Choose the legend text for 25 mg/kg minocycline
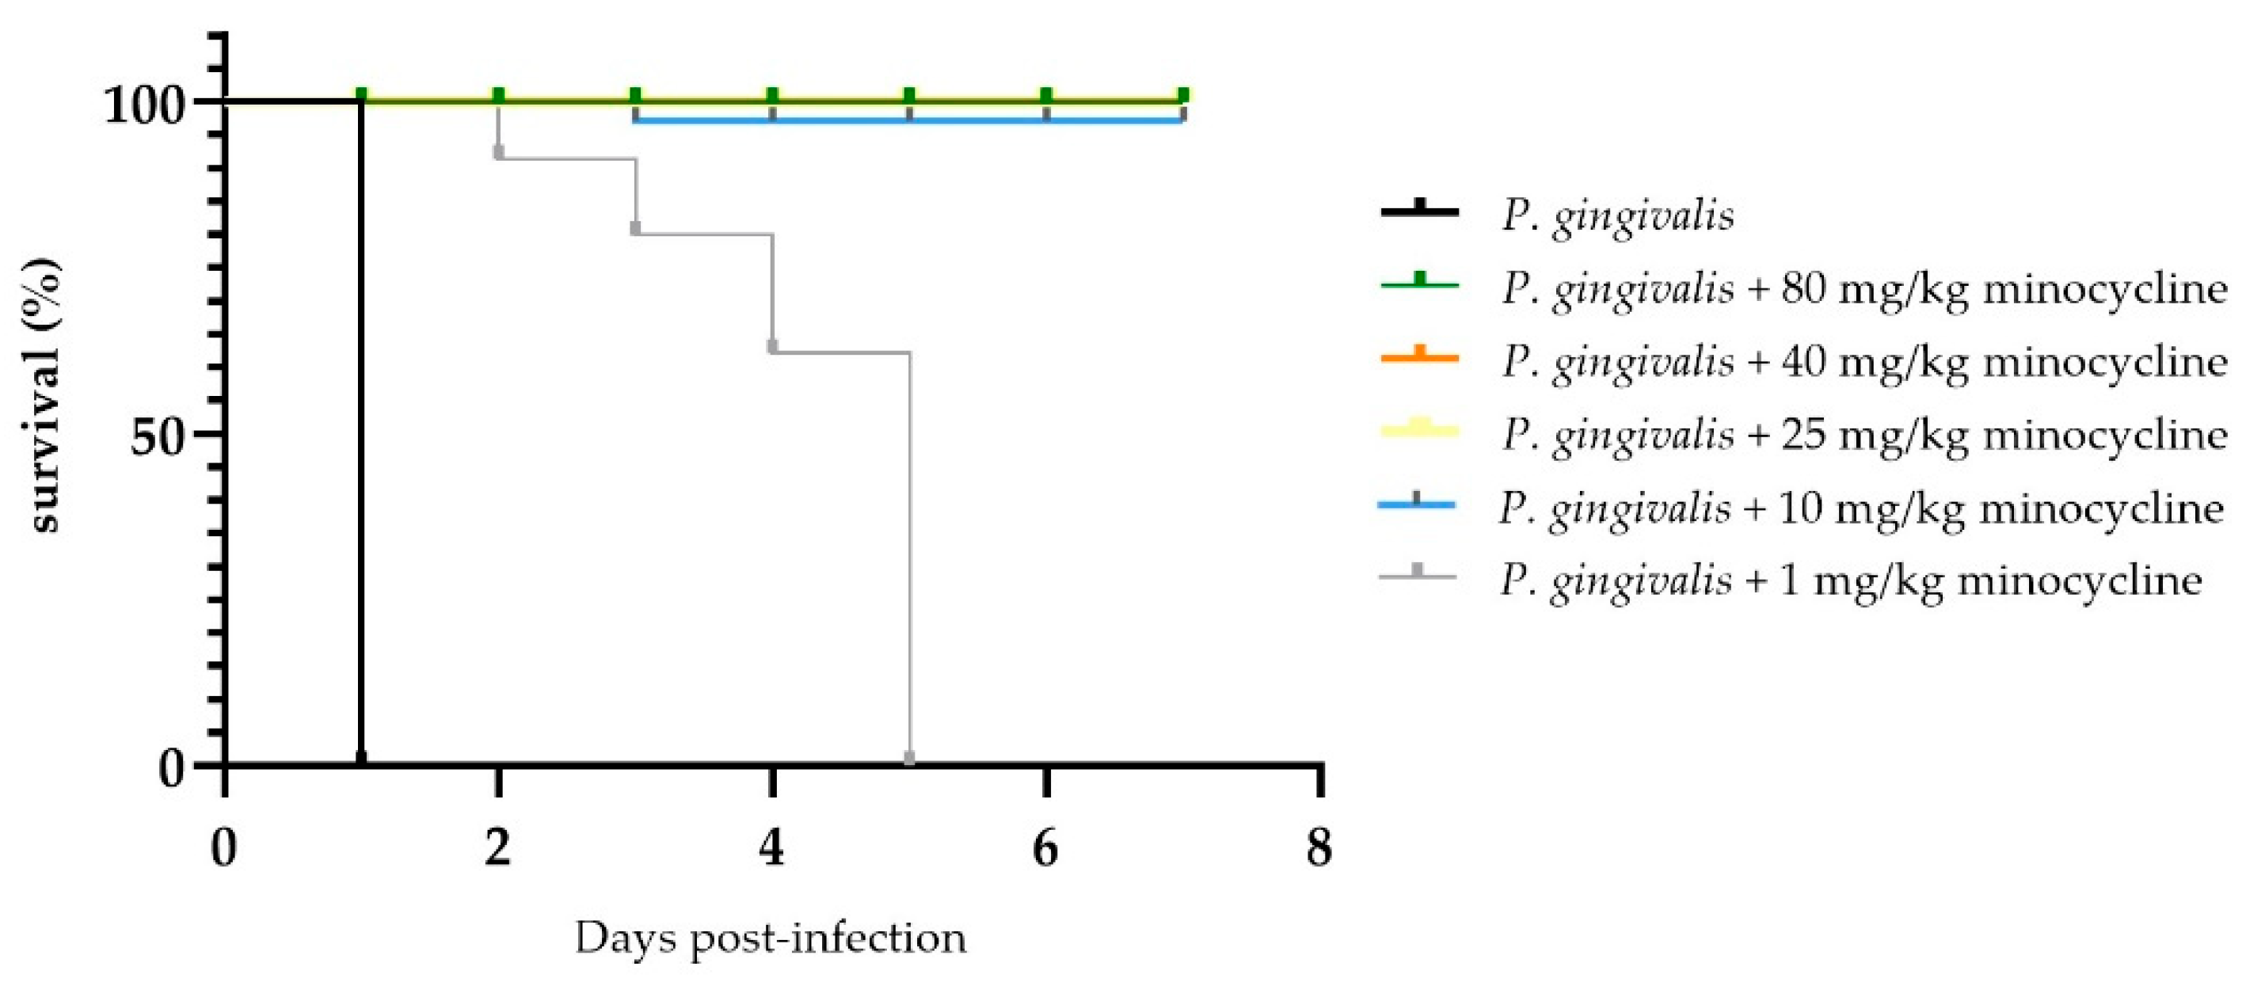1863,434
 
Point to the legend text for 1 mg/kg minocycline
1850,580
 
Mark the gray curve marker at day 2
499,153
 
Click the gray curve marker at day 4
772,346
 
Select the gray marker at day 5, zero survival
909,758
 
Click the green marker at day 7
1183,95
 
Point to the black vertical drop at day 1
360,436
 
